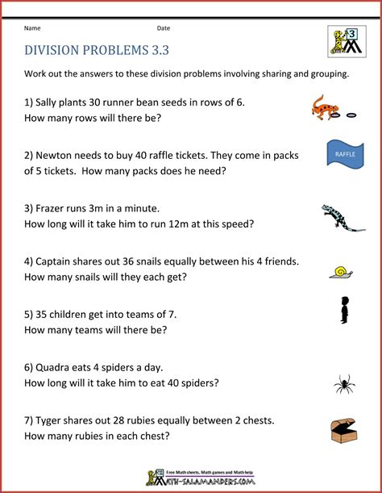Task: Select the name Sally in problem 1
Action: tap(50, 102)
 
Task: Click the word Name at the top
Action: tap(33, 28)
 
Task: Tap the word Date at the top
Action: tap(164, 28)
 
